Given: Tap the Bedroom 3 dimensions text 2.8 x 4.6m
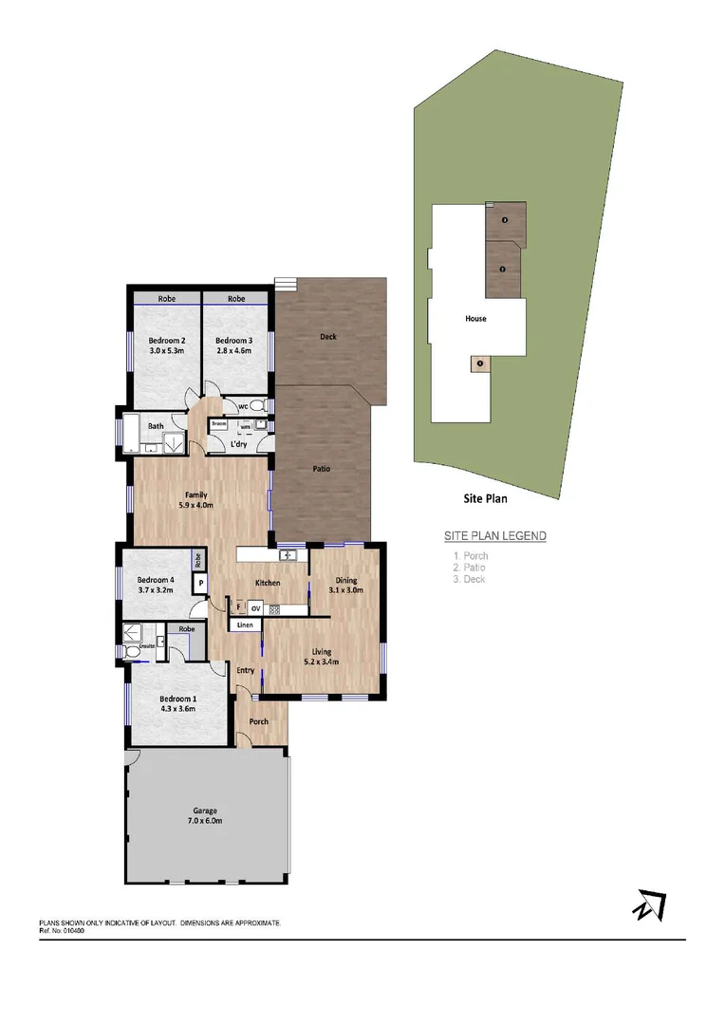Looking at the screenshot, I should click(233, 351).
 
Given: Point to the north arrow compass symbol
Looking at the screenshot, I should click(649, 905).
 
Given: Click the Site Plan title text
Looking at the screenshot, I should click(485, 498).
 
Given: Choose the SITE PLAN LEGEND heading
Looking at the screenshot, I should click(495, 536).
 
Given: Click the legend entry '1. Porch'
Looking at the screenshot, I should click(471, 556).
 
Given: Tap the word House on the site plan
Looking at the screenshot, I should click(475, 319).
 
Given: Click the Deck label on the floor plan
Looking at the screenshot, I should click(327, 337).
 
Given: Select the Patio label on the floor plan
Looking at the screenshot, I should click(322, 469).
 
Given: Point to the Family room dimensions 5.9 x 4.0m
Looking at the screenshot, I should click(195, 506).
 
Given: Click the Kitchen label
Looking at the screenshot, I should click(267, 582).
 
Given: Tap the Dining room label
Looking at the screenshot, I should click(345, 581).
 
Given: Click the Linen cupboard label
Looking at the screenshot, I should click(245, 625).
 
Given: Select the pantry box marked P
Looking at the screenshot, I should click(201, 584).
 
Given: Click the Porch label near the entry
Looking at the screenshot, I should click(258, 721).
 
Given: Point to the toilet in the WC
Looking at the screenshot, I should click(264, 405).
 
